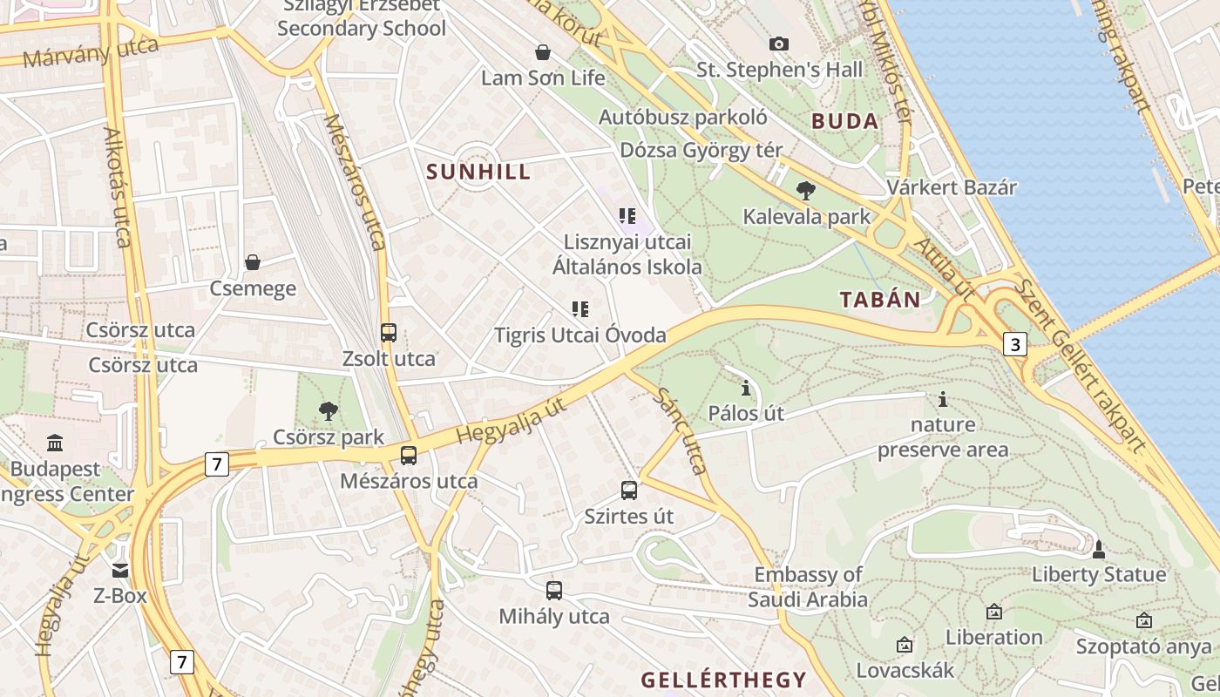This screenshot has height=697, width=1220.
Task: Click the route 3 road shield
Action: (1014, 344)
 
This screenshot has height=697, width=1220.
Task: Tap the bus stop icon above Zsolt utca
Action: (389, 332)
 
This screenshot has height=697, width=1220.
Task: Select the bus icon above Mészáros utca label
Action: (408, 455)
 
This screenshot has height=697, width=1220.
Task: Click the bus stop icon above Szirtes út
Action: (629, 490)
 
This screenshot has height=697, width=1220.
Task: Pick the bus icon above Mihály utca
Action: (554, 590)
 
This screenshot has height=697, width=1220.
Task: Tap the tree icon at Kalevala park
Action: (806, 190)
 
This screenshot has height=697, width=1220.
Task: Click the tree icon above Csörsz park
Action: (329, 410)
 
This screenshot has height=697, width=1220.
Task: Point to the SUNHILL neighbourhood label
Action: (479, 172)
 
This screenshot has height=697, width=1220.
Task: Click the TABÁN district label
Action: (880, 300)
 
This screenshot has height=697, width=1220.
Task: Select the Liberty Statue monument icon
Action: (1099, 549)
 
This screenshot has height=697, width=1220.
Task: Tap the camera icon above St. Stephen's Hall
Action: (779, 44)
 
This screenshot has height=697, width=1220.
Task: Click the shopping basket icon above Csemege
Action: (253, 261)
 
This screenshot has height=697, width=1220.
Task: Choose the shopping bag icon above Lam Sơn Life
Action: (543, 52)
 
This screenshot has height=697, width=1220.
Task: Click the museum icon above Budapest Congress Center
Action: (56, 443)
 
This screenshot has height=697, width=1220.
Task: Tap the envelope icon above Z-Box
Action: (120, 571)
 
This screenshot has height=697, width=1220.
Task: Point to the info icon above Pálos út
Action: (746, 388)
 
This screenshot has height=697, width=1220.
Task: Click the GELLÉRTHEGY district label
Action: (724, 680)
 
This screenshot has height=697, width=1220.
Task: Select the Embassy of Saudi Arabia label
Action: (808, 587)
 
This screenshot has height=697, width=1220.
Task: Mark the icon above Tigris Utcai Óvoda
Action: (580, 308)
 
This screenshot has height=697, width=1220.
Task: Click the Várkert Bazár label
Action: (952, 187)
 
